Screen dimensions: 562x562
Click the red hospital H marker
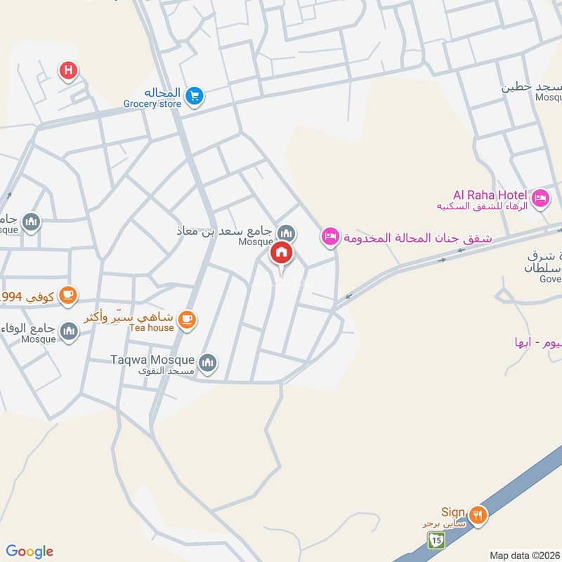[68, 70]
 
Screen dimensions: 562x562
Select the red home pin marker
[282, 253]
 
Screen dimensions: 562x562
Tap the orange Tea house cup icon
[185, 320]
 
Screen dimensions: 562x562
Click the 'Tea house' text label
[148, 327]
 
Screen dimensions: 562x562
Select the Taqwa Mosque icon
[207, 362]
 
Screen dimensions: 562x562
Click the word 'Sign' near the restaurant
[452, 512]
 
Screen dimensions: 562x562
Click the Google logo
[30, 551]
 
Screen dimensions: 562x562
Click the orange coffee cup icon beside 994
[67, 294]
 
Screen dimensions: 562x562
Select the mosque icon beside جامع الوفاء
[69, 330]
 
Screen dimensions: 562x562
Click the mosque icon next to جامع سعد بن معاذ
[286, 233]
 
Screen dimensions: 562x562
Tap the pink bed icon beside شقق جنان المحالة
[329, 237]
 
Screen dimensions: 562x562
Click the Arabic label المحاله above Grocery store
[163, 93]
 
